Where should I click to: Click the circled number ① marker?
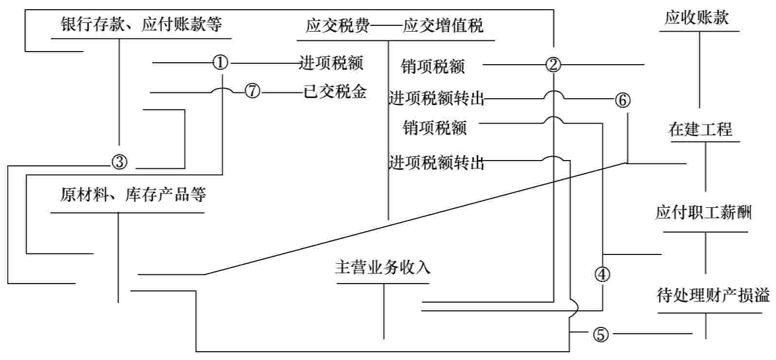click(x=221, y=63)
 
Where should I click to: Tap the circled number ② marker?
click(x=553, y=64)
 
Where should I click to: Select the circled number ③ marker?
click(x=120, y=162)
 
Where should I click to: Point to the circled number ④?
click(x=602, y=275)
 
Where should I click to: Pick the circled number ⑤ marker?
click(x=600, y=334)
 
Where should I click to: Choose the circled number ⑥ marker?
click(x=622, y=100)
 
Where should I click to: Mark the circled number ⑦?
click(x=252, y=92)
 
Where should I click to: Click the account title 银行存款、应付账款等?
click(x=141, y=24)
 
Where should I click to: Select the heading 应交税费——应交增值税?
click(x=394, y=26)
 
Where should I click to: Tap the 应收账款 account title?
click(x=697, y=18)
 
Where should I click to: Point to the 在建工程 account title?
click(x=700, y=129)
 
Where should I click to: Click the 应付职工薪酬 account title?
click(x=703, y=213)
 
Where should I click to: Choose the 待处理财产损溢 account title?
click(x=713, y=295)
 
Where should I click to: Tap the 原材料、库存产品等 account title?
click(x=133, y=195)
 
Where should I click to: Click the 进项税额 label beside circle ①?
click(x=331, y=63)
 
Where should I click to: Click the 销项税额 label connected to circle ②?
click(x=433, y=66)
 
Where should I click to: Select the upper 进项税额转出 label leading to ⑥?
click(x=436, y=99)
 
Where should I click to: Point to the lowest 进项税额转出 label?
click(x=436, y=163)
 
